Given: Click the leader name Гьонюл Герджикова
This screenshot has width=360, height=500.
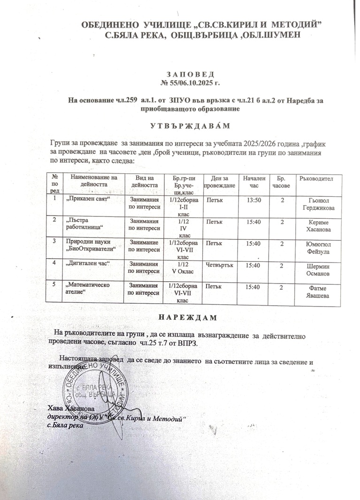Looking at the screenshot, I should pyautogui.click(x=315, y=204).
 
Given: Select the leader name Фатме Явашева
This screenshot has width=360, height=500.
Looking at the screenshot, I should pyautogui.click(x=315, y=291).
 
